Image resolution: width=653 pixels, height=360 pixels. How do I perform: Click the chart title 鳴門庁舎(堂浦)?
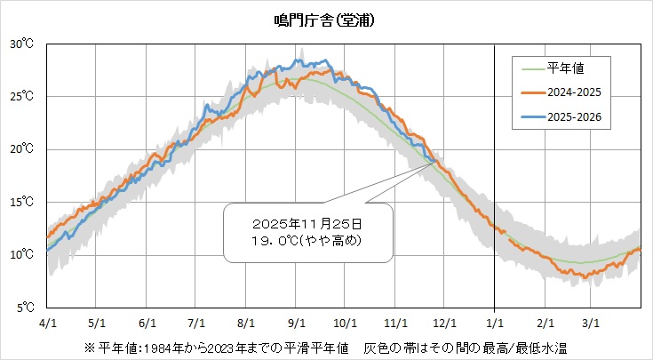(325, 20)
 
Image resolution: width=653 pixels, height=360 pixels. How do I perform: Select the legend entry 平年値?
(564, 67)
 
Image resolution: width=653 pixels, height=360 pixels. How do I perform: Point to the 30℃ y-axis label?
(22, 44)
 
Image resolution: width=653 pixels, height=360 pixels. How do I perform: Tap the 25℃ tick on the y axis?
(22, 96)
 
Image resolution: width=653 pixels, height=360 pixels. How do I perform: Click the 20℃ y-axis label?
(22, 149)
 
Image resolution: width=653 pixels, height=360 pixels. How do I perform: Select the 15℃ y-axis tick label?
(22, 202)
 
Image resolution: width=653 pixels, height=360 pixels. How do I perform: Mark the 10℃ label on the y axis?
(22, 255)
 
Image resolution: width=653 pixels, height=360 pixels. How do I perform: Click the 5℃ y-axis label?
(24, 308)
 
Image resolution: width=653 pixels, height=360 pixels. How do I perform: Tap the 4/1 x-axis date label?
(45, 323)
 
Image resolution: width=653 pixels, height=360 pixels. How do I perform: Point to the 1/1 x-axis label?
(495, 323)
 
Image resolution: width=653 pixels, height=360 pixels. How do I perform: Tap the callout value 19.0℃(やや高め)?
(307, 240)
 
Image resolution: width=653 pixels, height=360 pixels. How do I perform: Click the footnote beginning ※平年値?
(325, 345)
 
